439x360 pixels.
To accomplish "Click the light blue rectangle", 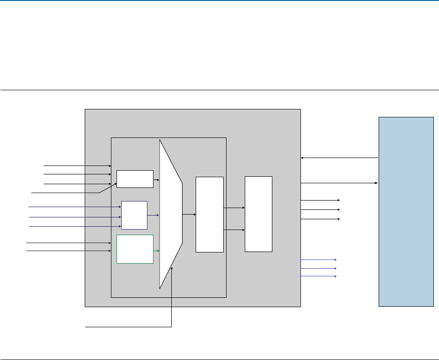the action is point(406,211).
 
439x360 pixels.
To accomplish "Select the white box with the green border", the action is point(135,249).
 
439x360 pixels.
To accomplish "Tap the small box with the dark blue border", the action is point(134,215).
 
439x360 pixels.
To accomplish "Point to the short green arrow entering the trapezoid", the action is point(156,251).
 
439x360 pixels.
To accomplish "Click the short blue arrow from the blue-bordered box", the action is point(153,216).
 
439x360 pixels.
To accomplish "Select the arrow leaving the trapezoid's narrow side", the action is point(189,215).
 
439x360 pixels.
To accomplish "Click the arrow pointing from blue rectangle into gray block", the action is point(339,158).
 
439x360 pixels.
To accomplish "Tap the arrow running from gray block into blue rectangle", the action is point(339,183).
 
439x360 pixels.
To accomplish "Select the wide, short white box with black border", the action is point(135,179).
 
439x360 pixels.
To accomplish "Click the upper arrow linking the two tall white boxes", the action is point(234,208).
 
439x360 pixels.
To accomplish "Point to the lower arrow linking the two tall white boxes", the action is point(234,230).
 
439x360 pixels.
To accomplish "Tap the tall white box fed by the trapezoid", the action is point(209,214).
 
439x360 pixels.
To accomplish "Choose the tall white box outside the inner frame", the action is point(258,214).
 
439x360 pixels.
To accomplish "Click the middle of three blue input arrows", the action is point(75,217).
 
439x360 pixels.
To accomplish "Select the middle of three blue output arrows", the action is point(318,268).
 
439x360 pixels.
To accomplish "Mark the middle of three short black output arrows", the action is point(320,210).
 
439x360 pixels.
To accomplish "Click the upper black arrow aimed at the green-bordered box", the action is point(68,243).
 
